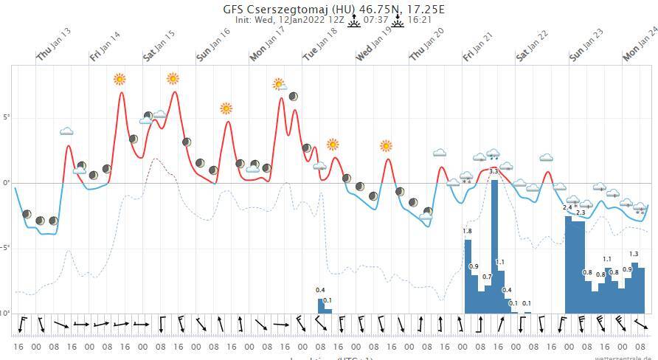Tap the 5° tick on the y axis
(6, 117)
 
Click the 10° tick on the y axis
(5, 313)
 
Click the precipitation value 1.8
(467, 231)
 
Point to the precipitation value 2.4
(567, 208)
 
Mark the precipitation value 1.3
(634, 254)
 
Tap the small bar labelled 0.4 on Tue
(321, 305)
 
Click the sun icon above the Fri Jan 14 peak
(120, 79)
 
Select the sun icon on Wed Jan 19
(386, 145)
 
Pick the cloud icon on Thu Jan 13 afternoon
(66, 131)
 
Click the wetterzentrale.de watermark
(626, 356)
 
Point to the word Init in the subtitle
(243, 20)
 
